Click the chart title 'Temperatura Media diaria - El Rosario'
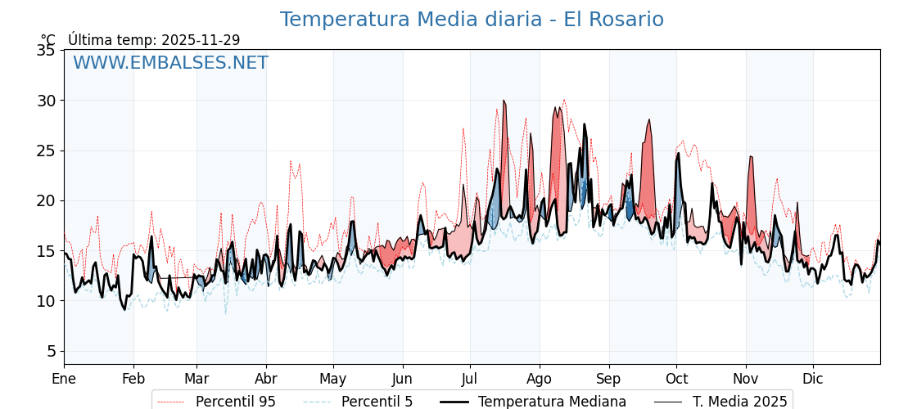(x=472, y=20)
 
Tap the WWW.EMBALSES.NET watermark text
(x=170, y=63)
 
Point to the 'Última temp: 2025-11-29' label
(x=154, y=40)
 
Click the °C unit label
(x=48, y=40)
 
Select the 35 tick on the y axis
(x=46, y=51)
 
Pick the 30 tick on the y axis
(x=46, y=101)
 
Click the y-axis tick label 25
(x=46, y=151)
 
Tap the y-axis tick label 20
(x=46, y=200)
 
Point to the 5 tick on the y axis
(x=51, y=351)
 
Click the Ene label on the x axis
(x=64, y=379)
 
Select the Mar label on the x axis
(x=196, y=379)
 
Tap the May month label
(x=333, y=379)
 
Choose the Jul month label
(x=470, y=379)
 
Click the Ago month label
(x=540, y=379)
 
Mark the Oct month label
(x=676, y=379)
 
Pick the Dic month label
(x=813, y=379)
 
